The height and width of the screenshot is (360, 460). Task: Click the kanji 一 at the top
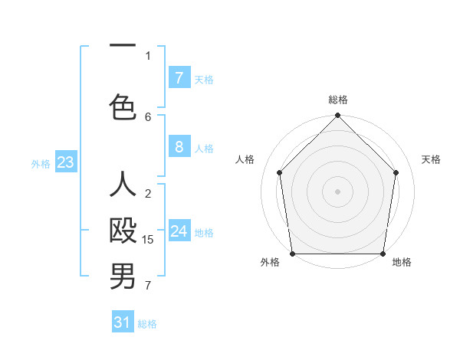point(123,46)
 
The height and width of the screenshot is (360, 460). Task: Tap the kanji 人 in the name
point(123,185)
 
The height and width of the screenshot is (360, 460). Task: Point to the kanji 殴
point(123,231)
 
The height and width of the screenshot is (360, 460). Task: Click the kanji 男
point(123,277)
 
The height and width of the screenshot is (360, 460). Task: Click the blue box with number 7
point(179,77)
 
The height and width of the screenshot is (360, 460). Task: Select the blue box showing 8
point(179,147)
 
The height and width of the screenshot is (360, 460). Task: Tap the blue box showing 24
point(179,231)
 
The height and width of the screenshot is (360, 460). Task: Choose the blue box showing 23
point(65,162)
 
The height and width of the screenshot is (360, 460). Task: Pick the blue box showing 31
point(123,322)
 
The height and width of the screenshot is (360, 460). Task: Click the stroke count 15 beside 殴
point(148,240)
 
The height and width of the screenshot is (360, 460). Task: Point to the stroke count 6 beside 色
point(148,116)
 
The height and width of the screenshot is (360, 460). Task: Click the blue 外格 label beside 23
point(41,163)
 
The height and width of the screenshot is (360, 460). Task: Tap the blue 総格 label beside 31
point(147,324)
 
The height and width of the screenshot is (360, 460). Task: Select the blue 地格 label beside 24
point(204,233)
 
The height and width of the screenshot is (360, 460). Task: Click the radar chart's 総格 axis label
point(338,100)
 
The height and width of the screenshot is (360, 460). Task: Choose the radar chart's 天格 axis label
point(431,159)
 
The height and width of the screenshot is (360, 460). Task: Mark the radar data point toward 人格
point(280,172)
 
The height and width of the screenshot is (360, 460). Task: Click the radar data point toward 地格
point(383,254)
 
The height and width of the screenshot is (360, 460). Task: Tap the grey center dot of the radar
point(338,191)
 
